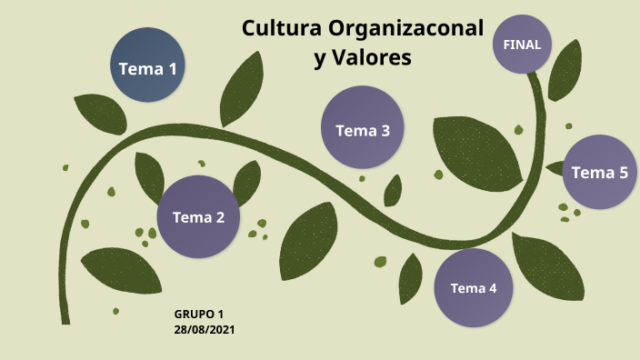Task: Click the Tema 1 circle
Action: coord(147,67)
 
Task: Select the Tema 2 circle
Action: coord(198,216)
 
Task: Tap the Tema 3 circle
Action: coord(363,129)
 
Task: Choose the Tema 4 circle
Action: coord(474,288)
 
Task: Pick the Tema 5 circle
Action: coord(599,172)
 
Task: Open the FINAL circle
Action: coord(522,45)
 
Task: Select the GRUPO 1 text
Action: coord(198,314)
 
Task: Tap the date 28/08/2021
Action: coord(205,329)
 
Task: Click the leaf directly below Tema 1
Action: coord(99,114)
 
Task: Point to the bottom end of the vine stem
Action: coord(65,319)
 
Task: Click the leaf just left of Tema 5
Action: coord(555,167)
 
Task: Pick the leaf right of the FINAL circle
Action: coord(565,70)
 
